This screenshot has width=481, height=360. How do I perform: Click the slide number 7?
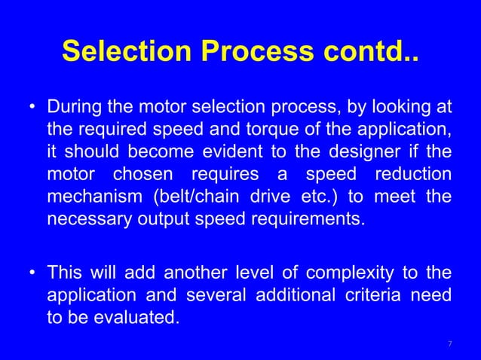coord(449,344)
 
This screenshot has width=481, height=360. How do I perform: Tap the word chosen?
coord(143,175)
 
